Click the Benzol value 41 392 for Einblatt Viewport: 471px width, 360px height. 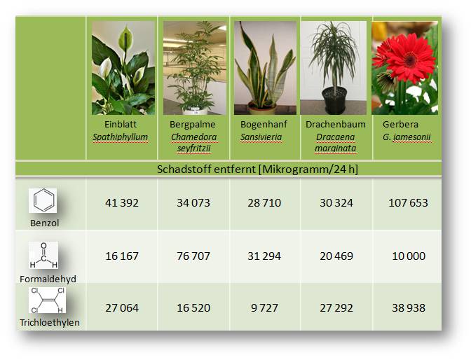tap(122, 203)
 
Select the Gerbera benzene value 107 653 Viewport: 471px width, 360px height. tap(408, 203)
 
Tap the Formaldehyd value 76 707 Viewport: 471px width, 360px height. tap(193, 256)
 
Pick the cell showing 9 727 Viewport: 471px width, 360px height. tap(264, 308)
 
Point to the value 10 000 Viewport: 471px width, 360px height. tap(409, 256)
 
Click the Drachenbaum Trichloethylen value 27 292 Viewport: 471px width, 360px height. tap(336, 308)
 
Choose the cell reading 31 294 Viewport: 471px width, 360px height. tap(264, 256)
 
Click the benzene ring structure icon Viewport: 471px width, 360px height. tap(43, 200)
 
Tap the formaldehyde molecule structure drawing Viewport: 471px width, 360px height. tap(43, 255)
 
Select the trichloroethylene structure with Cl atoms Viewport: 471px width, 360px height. tap(47, 300)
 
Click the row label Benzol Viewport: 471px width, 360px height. tap(44, 223)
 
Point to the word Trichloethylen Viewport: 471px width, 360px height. tap(50, 323)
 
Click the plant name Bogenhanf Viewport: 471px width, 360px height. tap(264, 124)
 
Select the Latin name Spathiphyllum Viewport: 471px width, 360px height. tap(120, 137)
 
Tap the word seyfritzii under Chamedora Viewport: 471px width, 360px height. tap(193, 148)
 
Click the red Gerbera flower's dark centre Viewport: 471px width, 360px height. tap(410, 60)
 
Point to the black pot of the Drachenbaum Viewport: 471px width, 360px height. tap(334, 100)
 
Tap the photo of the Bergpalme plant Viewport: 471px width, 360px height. tap(195, 68)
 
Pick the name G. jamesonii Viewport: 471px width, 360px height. tap(407, 137)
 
